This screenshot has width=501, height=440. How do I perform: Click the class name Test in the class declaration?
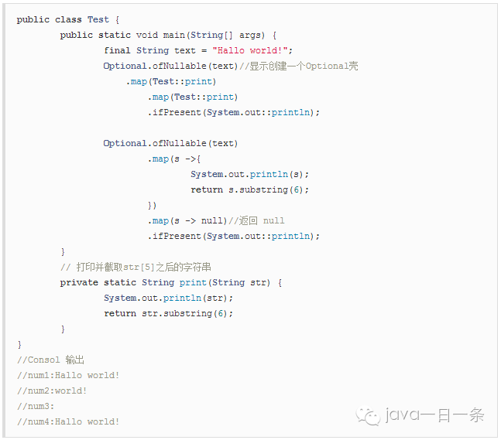(98, 19)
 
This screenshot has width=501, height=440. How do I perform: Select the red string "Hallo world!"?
(252, 50)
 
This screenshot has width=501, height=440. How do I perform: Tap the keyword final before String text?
(117, 50)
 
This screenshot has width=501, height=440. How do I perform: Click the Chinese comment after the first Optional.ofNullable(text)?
(298, 66)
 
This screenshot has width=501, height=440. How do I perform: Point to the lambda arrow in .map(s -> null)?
(190, 220)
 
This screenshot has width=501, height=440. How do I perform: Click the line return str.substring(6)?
(168, 313)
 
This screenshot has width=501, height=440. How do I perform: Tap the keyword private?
(79, 282)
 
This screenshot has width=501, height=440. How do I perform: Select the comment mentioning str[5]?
(136, 267)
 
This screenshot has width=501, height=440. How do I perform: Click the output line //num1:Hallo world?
(68, 375)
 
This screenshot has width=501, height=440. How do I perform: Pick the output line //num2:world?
(52, 391)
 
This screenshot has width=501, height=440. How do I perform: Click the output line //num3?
(36, 406)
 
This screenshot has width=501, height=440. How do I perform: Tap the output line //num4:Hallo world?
(68, 421)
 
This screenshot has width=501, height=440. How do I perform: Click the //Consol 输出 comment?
(50, 360)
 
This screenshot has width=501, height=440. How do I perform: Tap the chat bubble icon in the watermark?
(369, 416)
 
